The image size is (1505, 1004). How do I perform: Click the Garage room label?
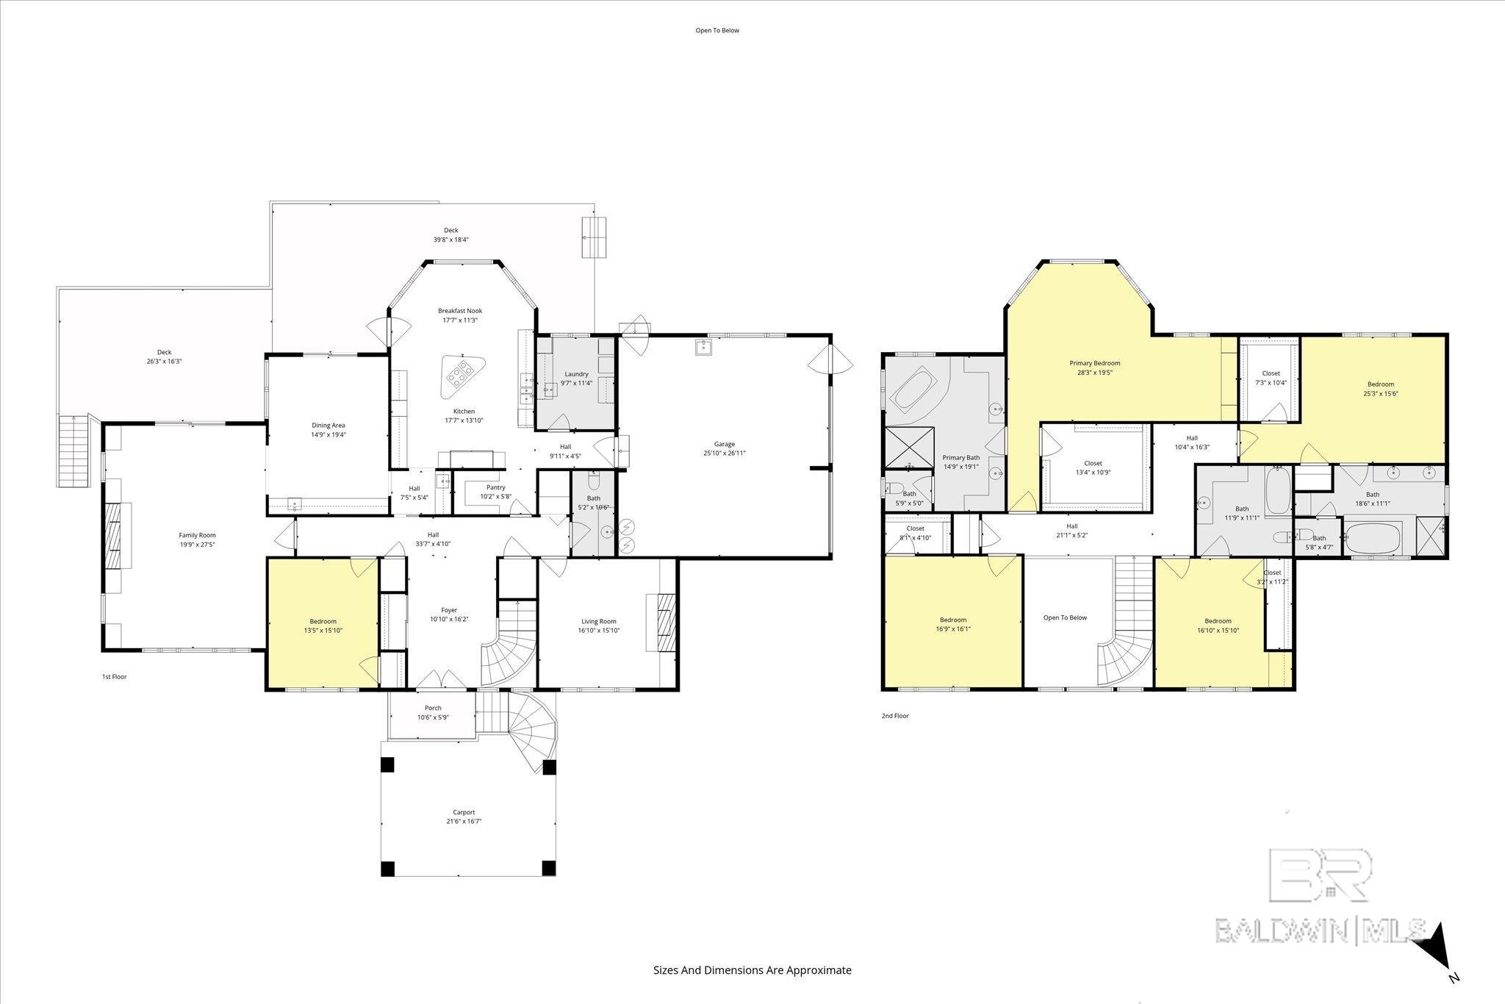coord(724,444)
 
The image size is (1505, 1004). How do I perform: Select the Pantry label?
coord(495,487)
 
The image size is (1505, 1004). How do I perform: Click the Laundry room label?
coord(576,374)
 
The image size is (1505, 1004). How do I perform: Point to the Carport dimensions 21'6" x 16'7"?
coord(463,822)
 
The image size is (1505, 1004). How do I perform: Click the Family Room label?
coord(197,535)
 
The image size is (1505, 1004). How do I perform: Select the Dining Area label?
coord(328,425)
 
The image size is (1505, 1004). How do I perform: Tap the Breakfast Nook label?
coord(459,310)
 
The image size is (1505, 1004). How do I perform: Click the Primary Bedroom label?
coord(1094,363)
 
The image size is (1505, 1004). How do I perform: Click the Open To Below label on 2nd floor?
coord(1065,617)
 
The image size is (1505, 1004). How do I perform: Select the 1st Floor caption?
coord(114,676)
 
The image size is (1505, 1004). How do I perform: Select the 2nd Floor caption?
coord(894,715)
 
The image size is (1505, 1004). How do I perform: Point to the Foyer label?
coord(449,610)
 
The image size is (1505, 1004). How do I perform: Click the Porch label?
coord(433,708)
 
